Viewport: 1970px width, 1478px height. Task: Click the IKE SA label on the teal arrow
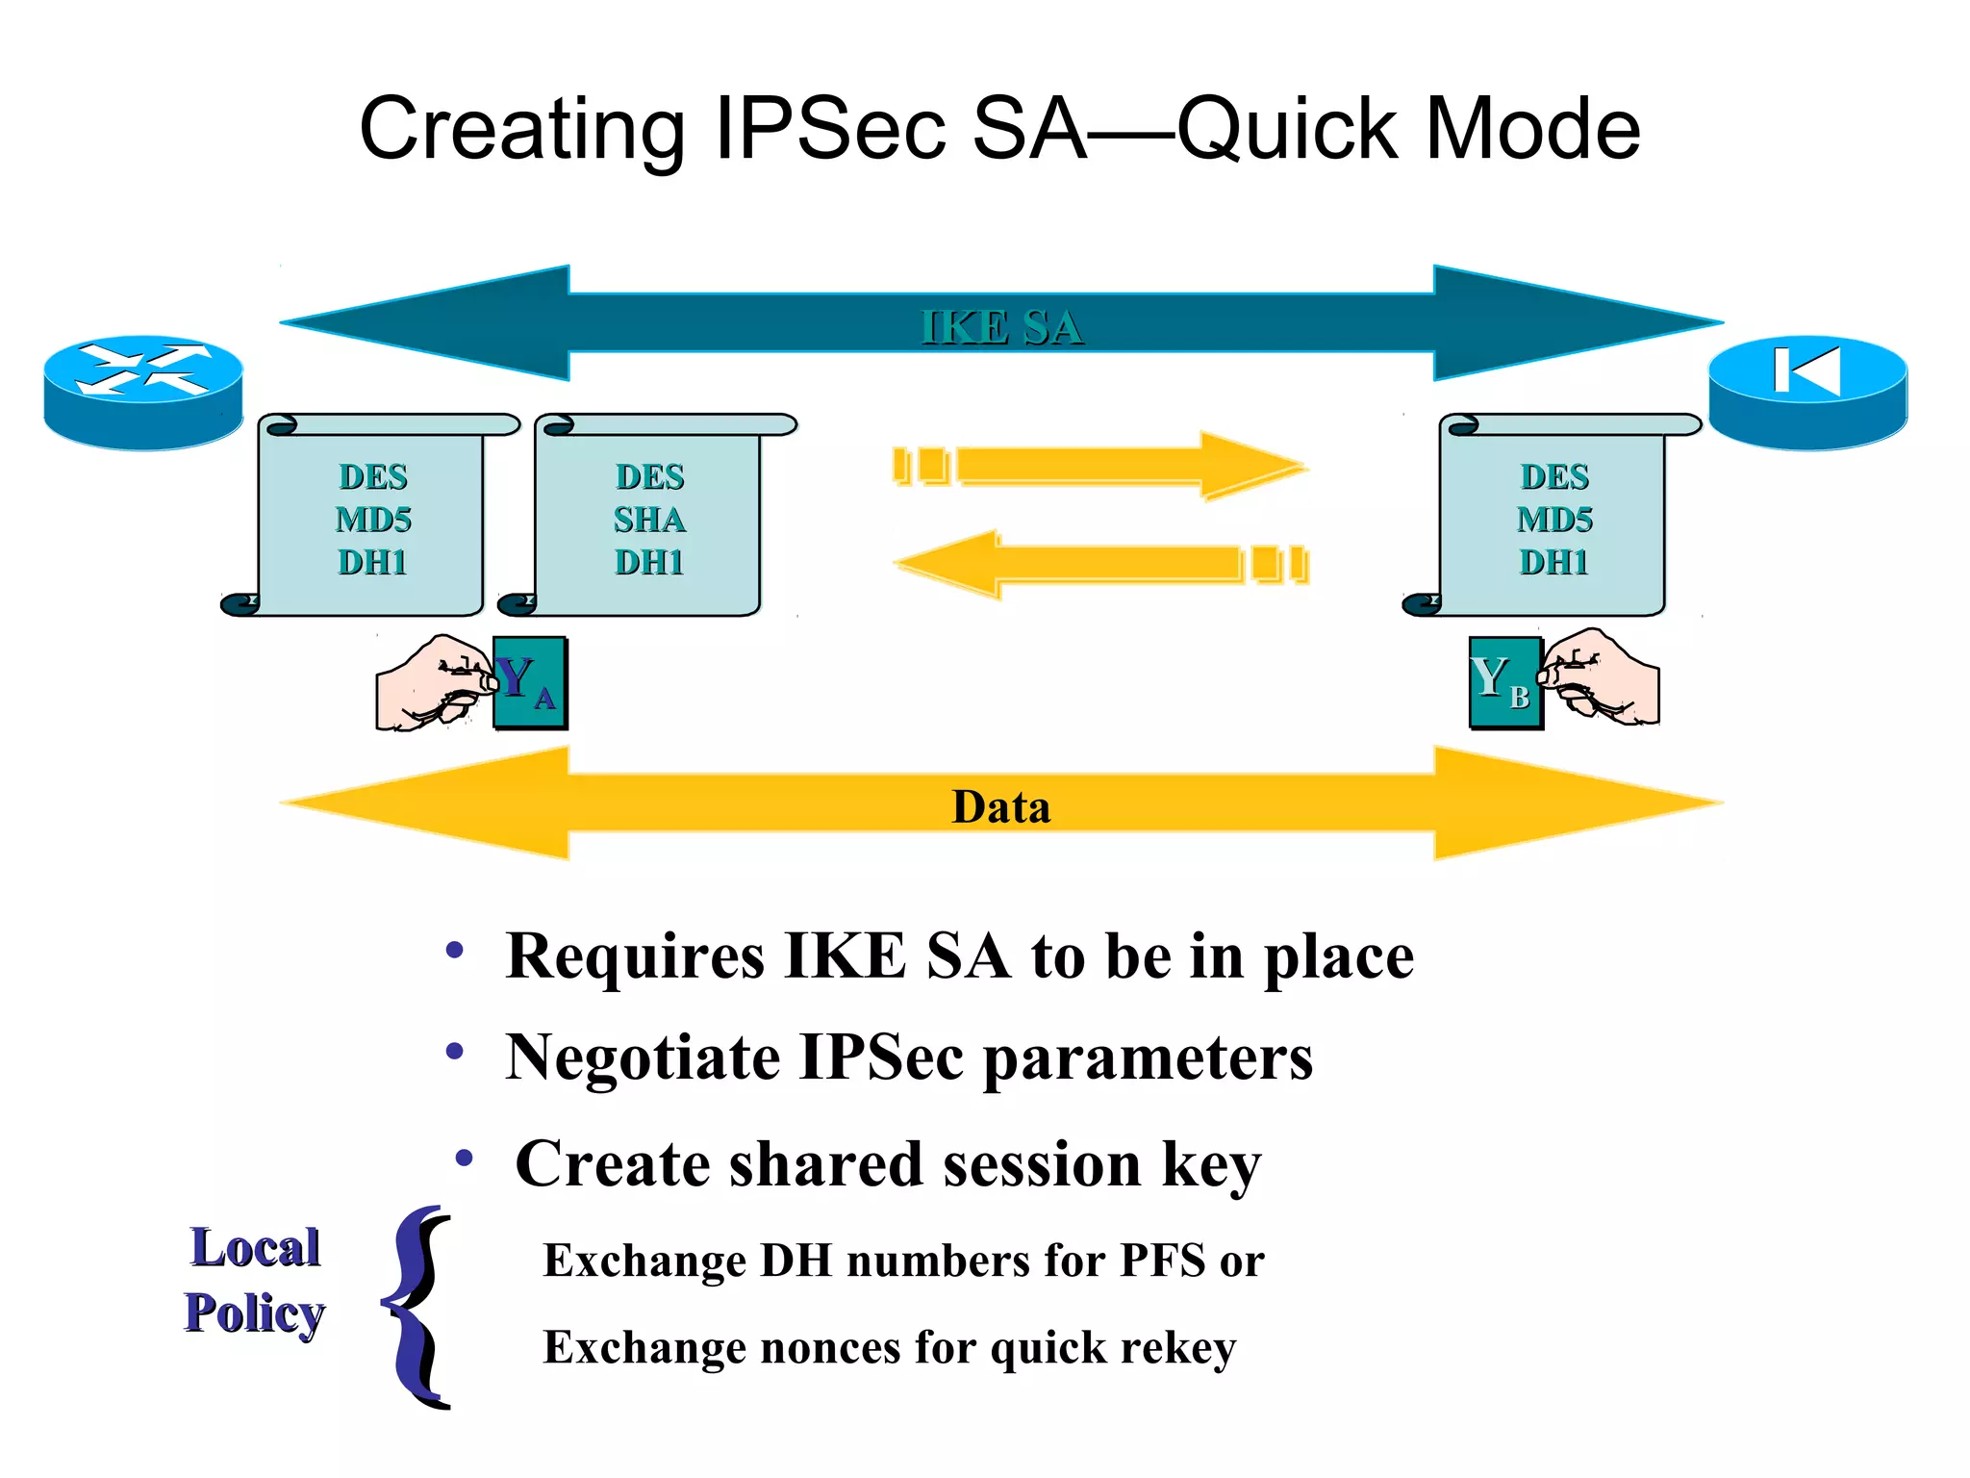(x=1001, y=327)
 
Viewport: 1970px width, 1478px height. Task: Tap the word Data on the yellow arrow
(x=1000, y=806)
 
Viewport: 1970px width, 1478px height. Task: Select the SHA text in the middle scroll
(x=649, y=520)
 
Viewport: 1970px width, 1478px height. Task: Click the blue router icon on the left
(x=143, y=391)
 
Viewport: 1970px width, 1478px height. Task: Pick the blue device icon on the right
(x=1807, y=391)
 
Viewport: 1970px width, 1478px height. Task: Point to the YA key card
(x=530, y=682)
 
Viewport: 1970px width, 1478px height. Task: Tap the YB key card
(x=1504, y=682)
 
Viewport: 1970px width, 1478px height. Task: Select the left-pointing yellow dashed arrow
(x=1101, y=564)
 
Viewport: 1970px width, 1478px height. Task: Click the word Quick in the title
(x=1288, y=130)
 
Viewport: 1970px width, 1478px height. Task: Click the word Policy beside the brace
(x=255, y=1313)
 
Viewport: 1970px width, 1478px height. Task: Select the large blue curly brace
(x=418, y=1306)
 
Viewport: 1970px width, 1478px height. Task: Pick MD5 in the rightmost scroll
(x=1554, y=520)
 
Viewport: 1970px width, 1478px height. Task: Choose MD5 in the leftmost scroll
(x=373, y=520)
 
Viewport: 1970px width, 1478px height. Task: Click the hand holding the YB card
(x=1602, y=677)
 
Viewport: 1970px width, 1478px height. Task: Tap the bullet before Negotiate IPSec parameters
(x=455, y=1052)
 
